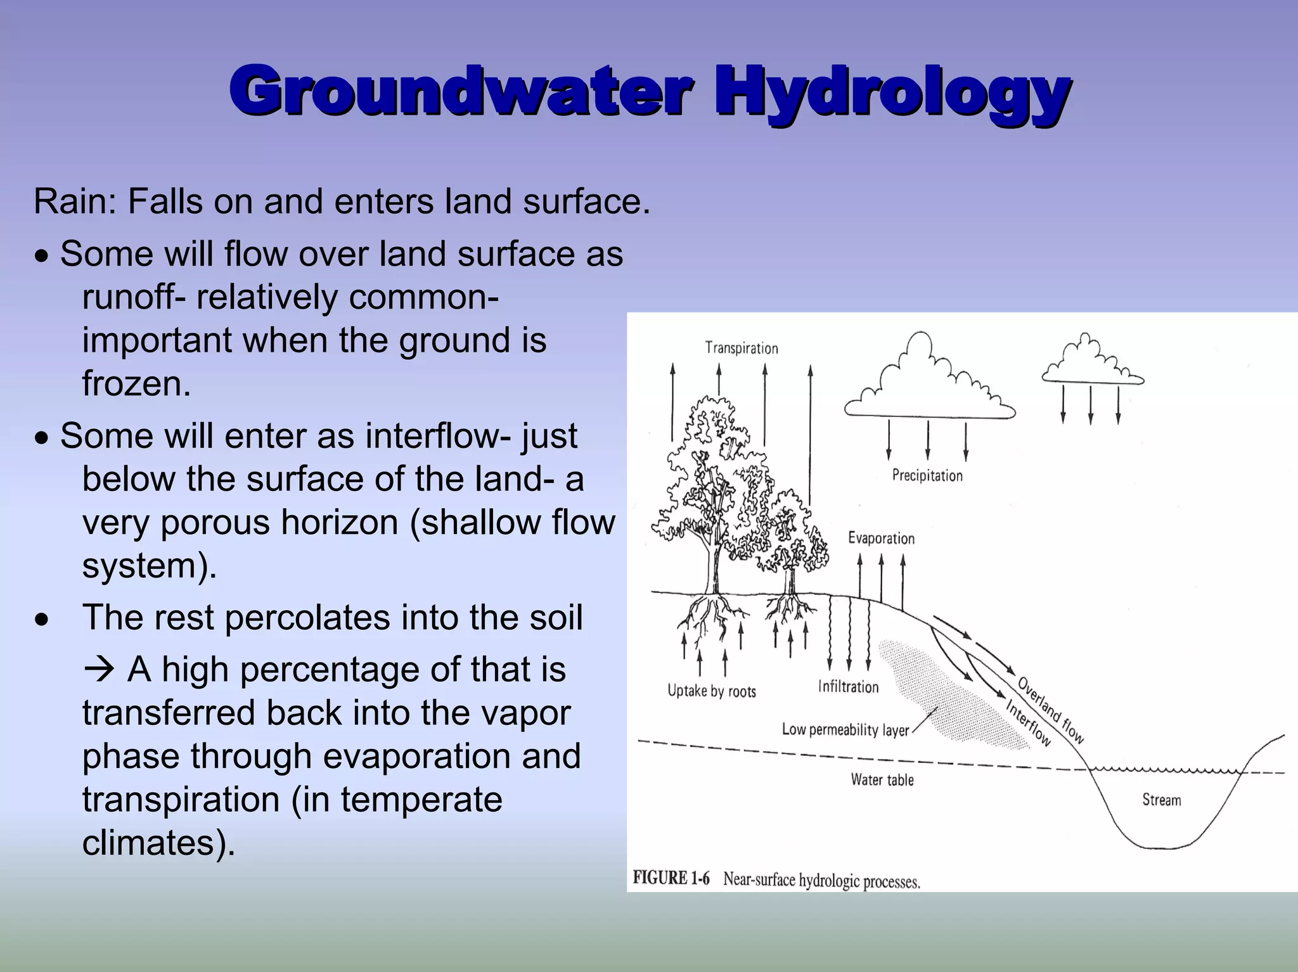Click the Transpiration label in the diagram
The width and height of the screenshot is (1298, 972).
coord(742,348)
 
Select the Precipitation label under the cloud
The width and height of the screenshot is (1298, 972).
coord(927,475)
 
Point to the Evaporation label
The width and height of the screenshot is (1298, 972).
coord(881,539)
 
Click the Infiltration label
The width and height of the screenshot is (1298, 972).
coord(848,687)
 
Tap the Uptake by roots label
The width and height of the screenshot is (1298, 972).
coord(712,691)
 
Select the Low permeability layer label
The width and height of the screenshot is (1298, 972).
coord(845,730)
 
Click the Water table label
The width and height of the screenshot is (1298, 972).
coord(882,780)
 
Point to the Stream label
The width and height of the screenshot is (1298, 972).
coord(1161,800)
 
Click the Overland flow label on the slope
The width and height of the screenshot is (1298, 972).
coord(1051,710)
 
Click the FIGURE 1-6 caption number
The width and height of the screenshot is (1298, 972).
coord(671,878)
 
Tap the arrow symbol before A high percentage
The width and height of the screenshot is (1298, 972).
coord(98,670)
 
